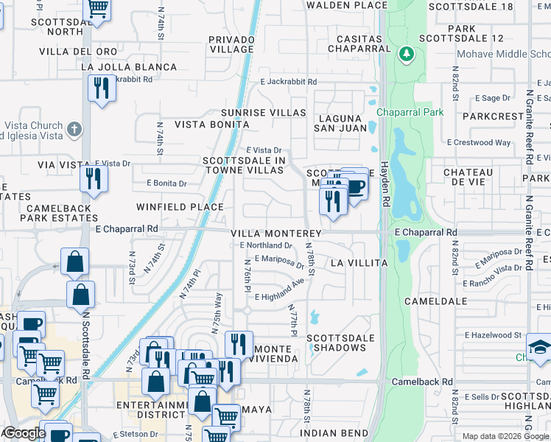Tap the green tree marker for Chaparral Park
405,54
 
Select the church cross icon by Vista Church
73,130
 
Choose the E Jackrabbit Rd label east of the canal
288,82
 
